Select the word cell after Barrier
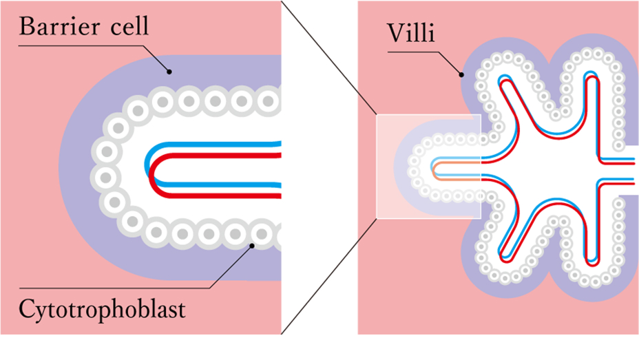[x=127, y=28]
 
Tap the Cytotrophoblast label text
[x=103, y=309]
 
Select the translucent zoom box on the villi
[x=427, y=166]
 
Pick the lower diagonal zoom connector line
[x=327, y=275]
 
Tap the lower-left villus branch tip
[x=506, y=265]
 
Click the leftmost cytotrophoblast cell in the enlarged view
[x=105, y=178]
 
